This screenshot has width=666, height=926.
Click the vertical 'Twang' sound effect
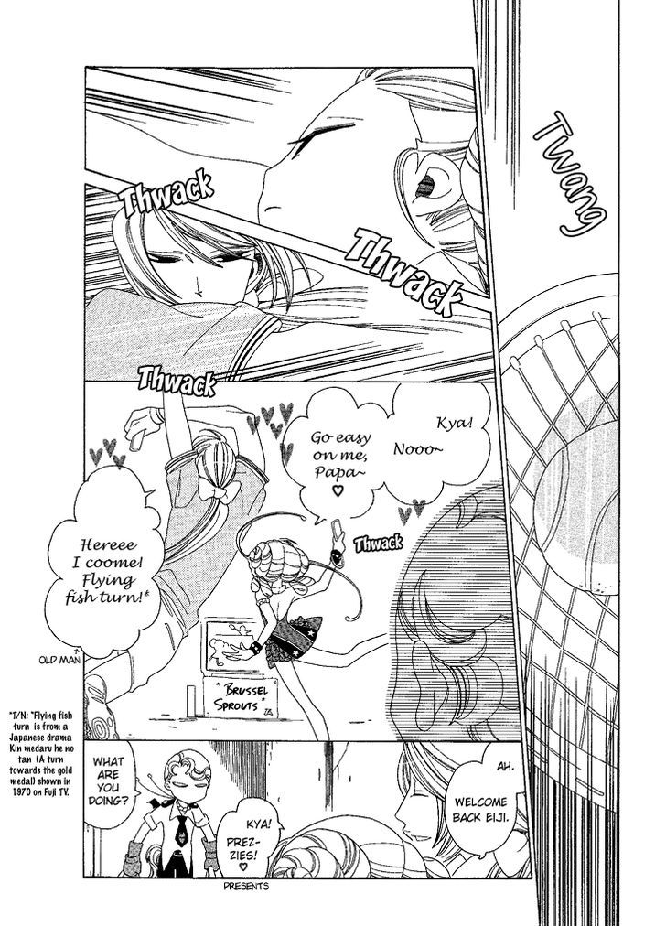(569, 176)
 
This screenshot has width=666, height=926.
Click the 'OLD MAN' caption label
(59, 659)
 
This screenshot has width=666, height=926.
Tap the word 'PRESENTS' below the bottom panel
(246, 885)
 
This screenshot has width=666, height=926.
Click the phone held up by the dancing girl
(338, 532)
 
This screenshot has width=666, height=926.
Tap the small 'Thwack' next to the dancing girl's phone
(378, 542)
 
